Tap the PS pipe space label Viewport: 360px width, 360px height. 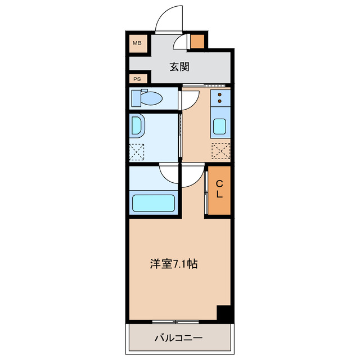137,79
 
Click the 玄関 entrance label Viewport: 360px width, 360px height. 179,66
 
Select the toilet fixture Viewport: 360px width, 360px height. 147,98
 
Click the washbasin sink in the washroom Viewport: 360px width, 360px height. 137,126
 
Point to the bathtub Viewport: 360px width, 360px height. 155,202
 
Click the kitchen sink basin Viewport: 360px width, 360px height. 220,127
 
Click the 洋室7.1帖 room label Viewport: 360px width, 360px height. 173,263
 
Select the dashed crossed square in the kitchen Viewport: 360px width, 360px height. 220,151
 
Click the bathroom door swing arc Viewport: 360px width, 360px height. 169,172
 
